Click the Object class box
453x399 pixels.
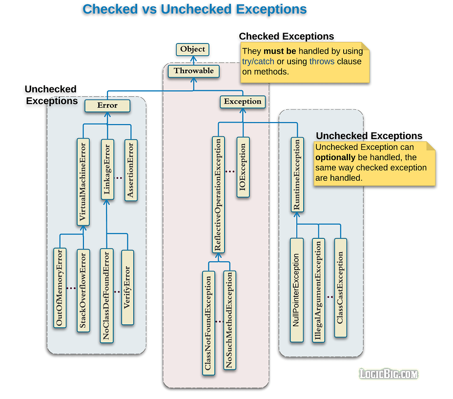pyautogui.click(x=192, y=49)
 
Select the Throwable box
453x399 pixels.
pyautogui.click(x=194, y=71)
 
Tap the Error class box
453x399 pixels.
pyautogui.click(x=107, y=105)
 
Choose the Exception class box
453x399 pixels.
pyautogui.click(x=243, y=102)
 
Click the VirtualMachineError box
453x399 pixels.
pyautogui.click(x=83, y=182)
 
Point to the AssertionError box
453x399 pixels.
pyautogui.click(x=130, y=170)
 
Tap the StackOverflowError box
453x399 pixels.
pyautogui.click(x=83, y=291)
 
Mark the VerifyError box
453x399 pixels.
pyautogui.click(x=127, y=287)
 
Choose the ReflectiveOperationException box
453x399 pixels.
pyautogui.click(x=218, y=194)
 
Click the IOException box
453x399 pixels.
pyautogui.click(x=243, y=167)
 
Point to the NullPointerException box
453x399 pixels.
pyautogui.click(x=296, y=290)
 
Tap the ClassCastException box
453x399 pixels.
pyautogui.click(x=340, y=288)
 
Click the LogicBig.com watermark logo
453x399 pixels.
pyautogui.click(x=389, y=374)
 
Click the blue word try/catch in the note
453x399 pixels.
pyautogui.click(x=258, y=62)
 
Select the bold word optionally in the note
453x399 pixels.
pyautogui.click(x=335, y=158)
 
